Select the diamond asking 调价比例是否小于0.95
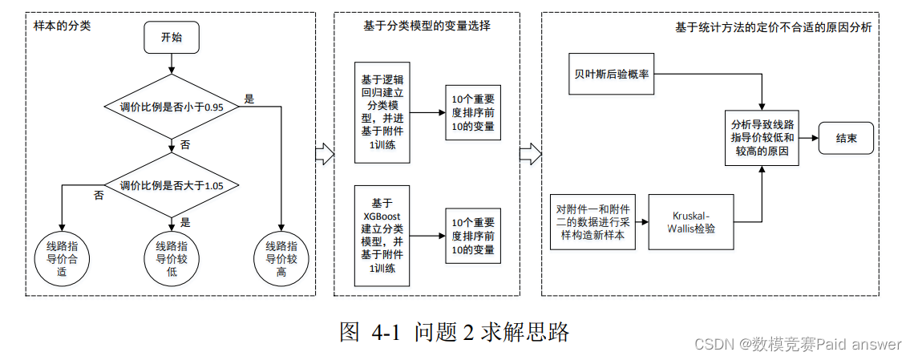(171, 107)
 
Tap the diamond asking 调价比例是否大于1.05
(171, 185)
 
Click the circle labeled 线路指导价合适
(62, 258)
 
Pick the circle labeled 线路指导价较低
(171, 258)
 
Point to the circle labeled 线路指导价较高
(281, 258)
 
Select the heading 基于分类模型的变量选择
(427, 26)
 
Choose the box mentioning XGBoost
(382, 236)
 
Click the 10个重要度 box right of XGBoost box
(473, 236)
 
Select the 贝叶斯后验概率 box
(612, 74)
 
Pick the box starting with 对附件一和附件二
(592, 221)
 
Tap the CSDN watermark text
(797, 344)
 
